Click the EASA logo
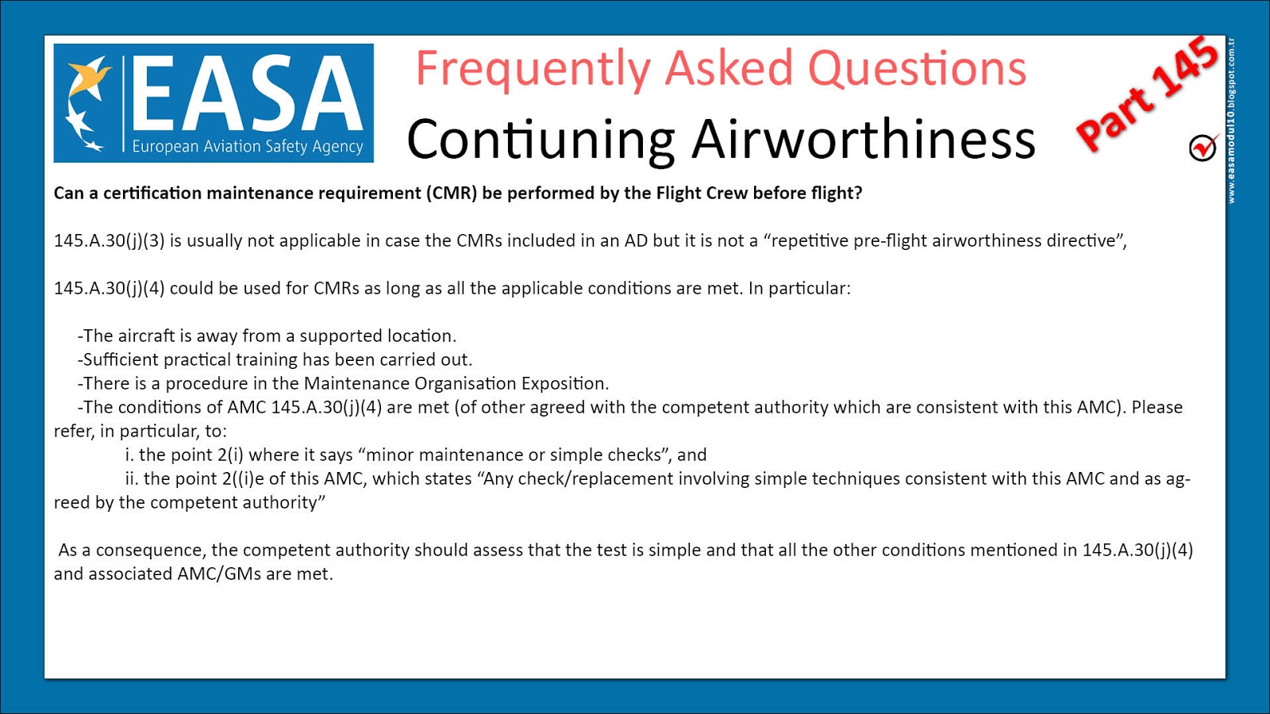coord(213,103)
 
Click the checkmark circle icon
coord(1203,148)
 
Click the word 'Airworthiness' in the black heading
coord(863,140)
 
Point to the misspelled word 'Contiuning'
coord(540,140)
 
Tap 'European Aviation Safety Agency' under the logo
coord(247,147)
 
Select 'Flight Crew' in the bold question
coord(702,194)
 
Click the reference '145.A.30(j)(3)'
coord(110,241)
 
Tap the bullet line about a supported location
coord(267,336)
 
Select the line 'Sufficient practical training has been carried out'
coord(275,360)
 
